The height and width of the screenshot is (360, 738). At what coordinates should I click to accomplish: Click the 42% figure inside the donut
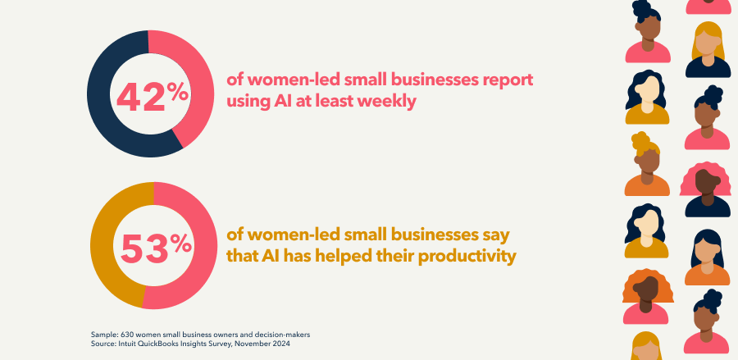[x=153, y=97]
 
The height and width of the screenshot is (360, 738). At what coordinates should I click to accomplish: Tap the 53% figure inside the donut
[x=156, y=248]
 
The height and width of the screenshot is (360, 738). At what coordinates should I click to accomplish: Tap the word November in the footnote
[x=257, y=344]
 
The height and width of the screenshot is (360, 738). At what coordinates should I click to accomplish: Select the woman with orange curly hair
[x=647, y=297]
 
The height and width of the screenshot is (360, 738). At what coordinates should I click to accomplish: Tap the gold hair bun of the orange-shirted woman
[x=640, y=141]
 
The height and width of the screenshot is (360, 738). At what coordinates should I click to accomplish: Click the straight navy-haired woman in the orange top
[x=707, y=257]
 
